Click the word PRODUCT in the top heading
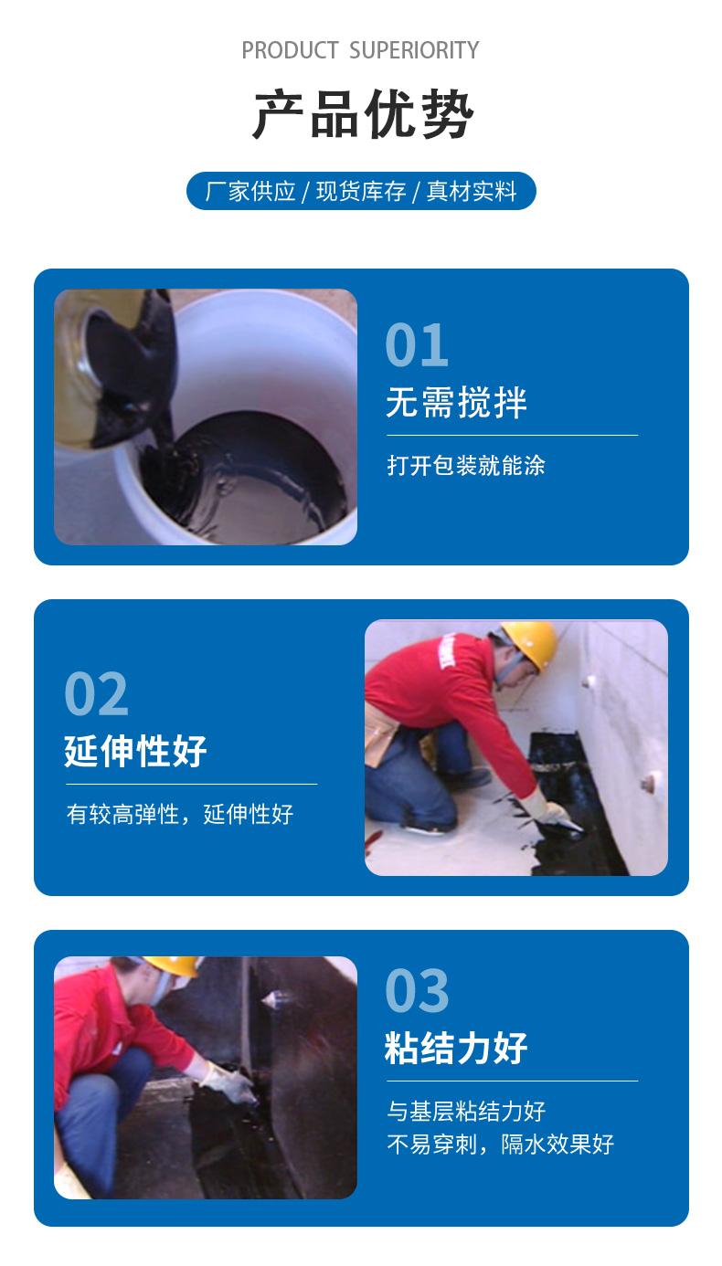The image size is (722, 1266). coord(290,50)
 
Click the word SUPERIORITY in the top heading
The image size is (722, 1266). coord(414,50)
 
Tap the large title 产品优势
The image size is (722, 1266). coord(362,114)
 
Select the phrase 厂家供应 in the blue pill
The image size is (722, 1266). coord(250,192)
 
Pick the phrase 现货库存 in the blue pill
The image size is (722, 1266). coord(361,192)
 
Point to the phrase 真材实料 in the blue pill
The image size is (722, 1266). coord(472,192)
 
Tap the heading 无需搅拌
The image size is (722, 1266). coord(456,403)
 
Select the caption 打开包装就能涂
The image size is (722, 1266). coord(466,466)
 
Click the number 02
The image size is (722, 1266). coord(97,694)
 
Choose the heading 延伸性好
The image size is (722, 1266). coord(135,751)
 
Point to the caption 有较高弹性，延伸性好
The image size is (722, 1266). coord(180,815)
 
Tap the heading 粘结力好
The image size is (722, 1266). coord(456,1048)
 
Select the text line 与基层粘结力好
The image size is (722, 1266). coord(466,1111)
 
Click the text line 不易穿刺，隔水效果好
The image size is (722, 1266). coord(500,1145)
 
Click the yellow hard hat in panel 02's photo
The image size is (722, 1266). coord(529,643)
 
